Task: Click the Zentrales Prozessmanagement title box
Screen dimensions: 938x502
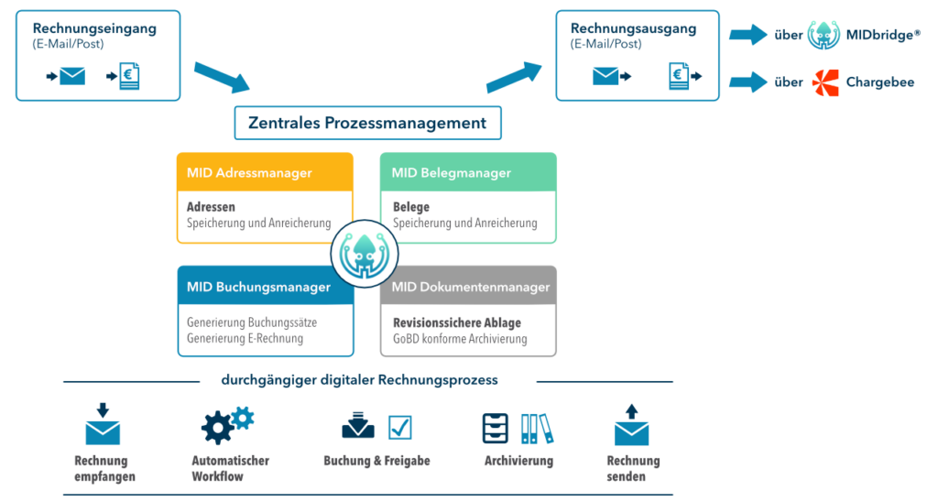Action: (x=367, y=123)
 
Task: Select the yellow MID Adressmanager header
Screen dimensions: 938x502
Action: (x=265, y=172)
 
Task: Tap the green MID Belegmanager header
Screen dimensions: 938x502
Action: (x=468, y=172)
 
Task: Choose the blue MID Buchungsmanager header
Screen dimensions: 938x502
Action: (x=265, y=286)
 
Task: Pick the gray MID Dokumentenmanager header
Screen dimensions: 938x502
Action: (x=468, y=286)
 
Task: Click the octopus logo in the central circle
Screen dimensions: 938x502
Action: (x=365, y=254)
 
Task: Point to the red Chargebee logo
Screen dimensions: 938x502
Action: (x=825, y=82)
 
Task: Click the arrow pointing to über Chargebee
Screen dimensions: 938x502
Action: (x=747, y=82)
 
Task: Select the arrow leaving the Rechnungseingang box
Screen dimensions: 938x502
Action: (x=222, y=77)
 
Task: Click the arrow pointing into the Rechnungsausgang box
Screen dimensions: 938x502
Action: (x=514, y=77)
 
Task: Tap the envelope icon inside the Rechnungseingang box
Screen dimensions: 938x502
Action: (x=72, y=76)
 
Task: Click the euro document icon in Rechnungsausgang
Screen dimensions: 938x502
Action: (x=679, y=77)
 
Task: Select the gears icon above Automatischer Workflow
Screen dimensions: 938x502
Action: (x=227, y=425)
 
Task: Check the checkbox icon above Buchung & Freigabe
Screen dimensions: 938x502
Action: (x=399, y=428)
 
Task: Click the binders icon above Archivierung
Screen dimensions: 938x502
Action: (x=537, y=429)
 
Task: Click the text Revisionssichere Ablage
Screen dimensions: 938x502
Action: (x=457, y=322)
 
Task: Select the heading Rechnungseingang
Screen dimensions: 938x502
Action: (x=94, y=28)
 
